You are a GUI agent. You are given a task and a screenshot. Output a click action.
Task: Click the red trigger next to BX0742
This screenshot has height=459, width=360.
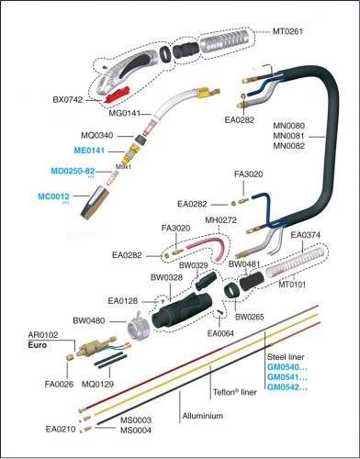click(118, 95)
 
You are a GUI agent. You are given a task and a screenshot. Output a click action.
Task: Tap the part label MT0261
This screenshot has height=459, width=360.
click(287, 31)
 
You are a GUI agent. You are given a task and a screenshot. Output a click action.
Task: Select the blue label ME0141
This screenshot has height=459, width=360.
click(89, 151)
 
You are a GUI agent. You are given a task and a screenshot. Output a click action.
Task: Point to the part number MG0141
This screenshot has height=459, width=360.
click(124, 114)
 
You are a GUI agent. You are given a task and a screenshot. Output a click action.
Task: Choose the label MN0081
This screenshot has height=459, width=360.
click(288, 136)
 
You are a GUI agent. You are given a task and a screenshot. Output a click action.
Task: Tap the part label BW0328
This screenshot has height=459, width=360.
click(166, 277)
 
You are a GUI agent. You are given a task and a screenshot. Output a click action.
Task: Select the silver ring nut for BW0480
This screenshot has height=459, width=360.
click(139, 328)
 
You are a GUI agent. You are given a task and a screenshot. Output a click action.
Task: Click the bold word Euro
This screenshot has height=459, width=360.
click(38, 345)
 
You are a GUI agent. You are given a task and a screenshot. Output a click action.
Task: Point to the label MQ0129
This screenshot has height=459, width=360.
click(97, 384)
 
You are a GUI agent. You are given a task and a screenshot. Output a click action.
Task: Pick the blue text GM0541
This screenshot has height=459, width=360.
click(287, 376)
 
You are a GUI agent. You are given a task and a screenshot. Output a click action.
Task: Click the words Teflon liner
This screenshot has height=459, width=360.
click(235, 392)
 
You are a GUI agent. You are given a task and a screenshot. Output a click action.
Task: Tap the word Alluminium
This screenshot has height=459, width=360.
click(203, 416)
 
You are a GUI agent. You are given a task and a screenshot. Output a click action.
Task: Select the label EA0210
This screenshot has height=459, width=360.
click(61, 429)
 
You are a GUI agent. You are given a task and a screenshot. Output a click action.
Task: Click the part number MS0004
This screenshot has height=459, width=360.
click(136, 431)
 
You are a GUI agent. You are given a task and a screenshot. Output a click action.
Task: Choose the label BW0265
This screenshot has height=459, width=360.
click(249, 317)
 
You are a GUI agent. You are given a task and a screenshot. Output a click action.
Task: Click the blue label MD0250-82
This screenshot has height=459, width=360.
click(73, 171)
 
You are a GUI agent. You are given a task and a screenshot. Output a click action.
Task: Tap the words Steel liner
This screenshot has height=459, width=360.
click(286, 357)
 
